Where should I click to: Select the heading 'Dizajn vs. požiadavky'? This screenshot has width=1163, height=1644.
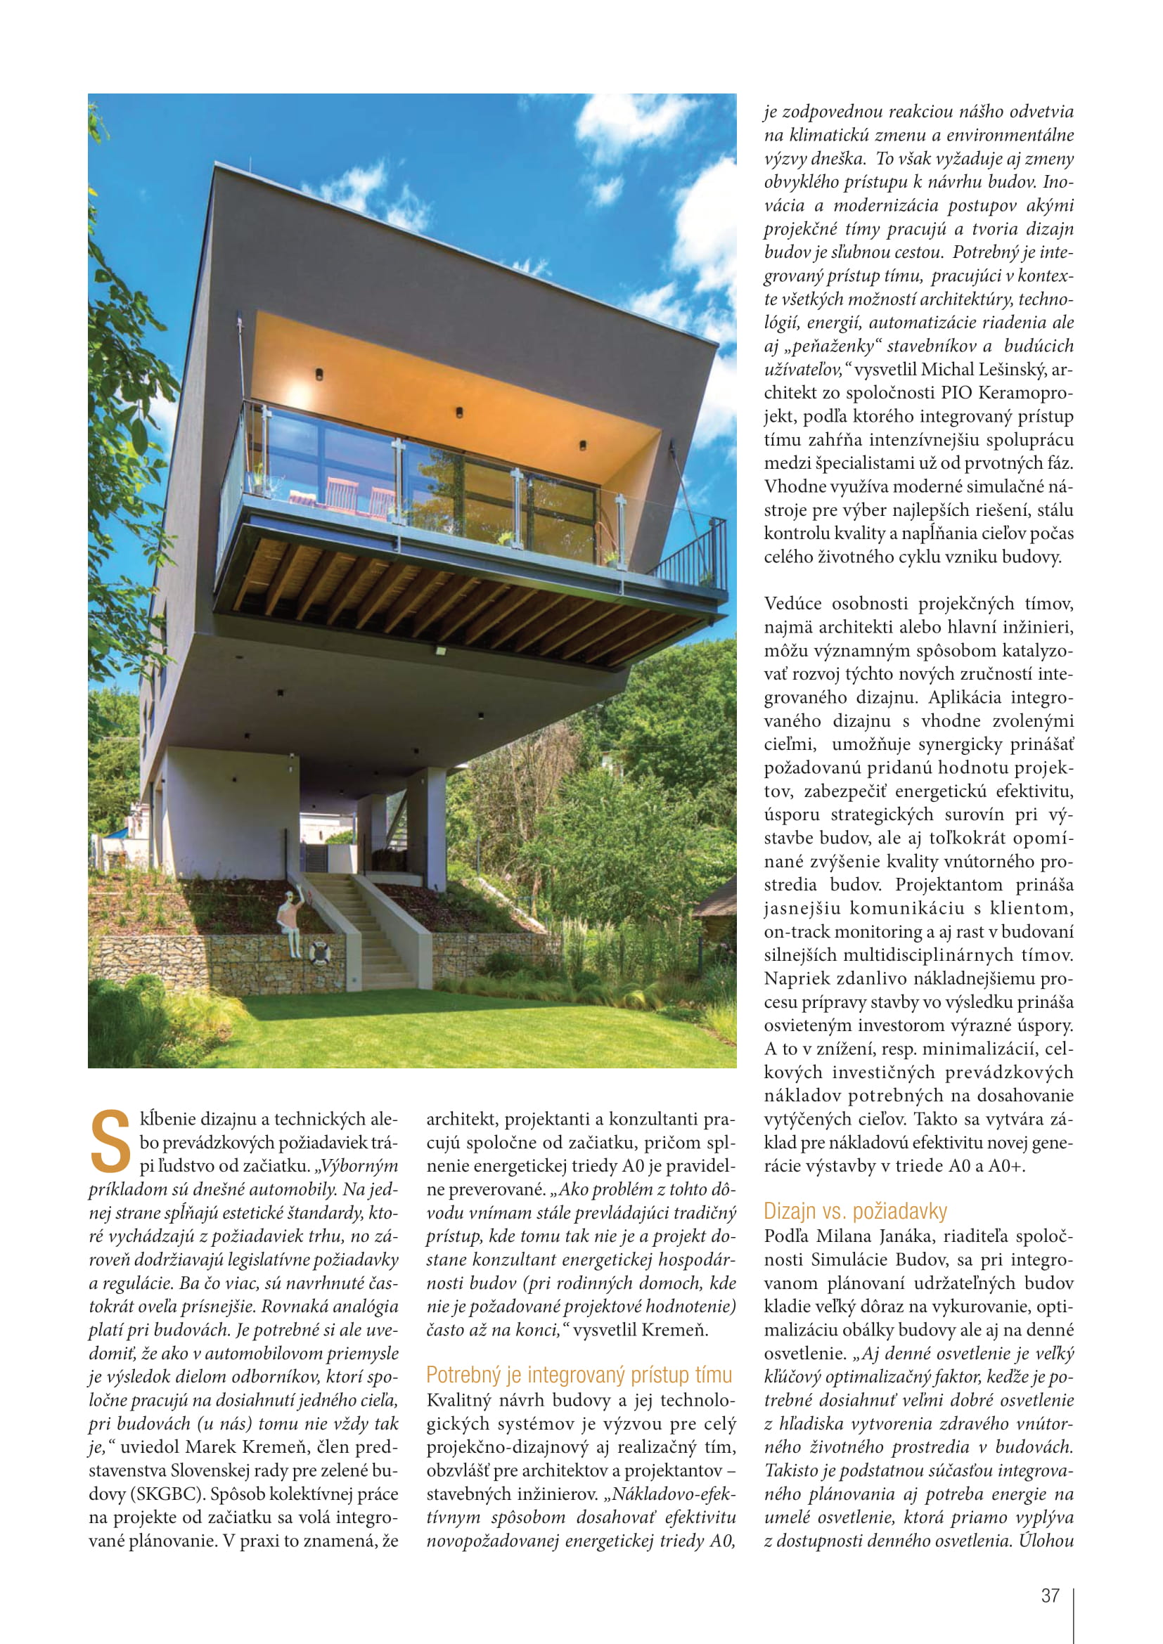click(855, 1212)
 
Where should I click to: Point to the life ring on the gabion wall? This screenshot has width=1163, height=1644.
click(319, 952)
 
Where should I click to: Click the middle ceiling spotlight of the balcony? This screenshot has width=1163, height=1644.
click(459, 413)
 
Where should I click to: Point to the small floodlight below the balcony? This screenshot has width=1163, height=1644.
click(439, 651)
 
